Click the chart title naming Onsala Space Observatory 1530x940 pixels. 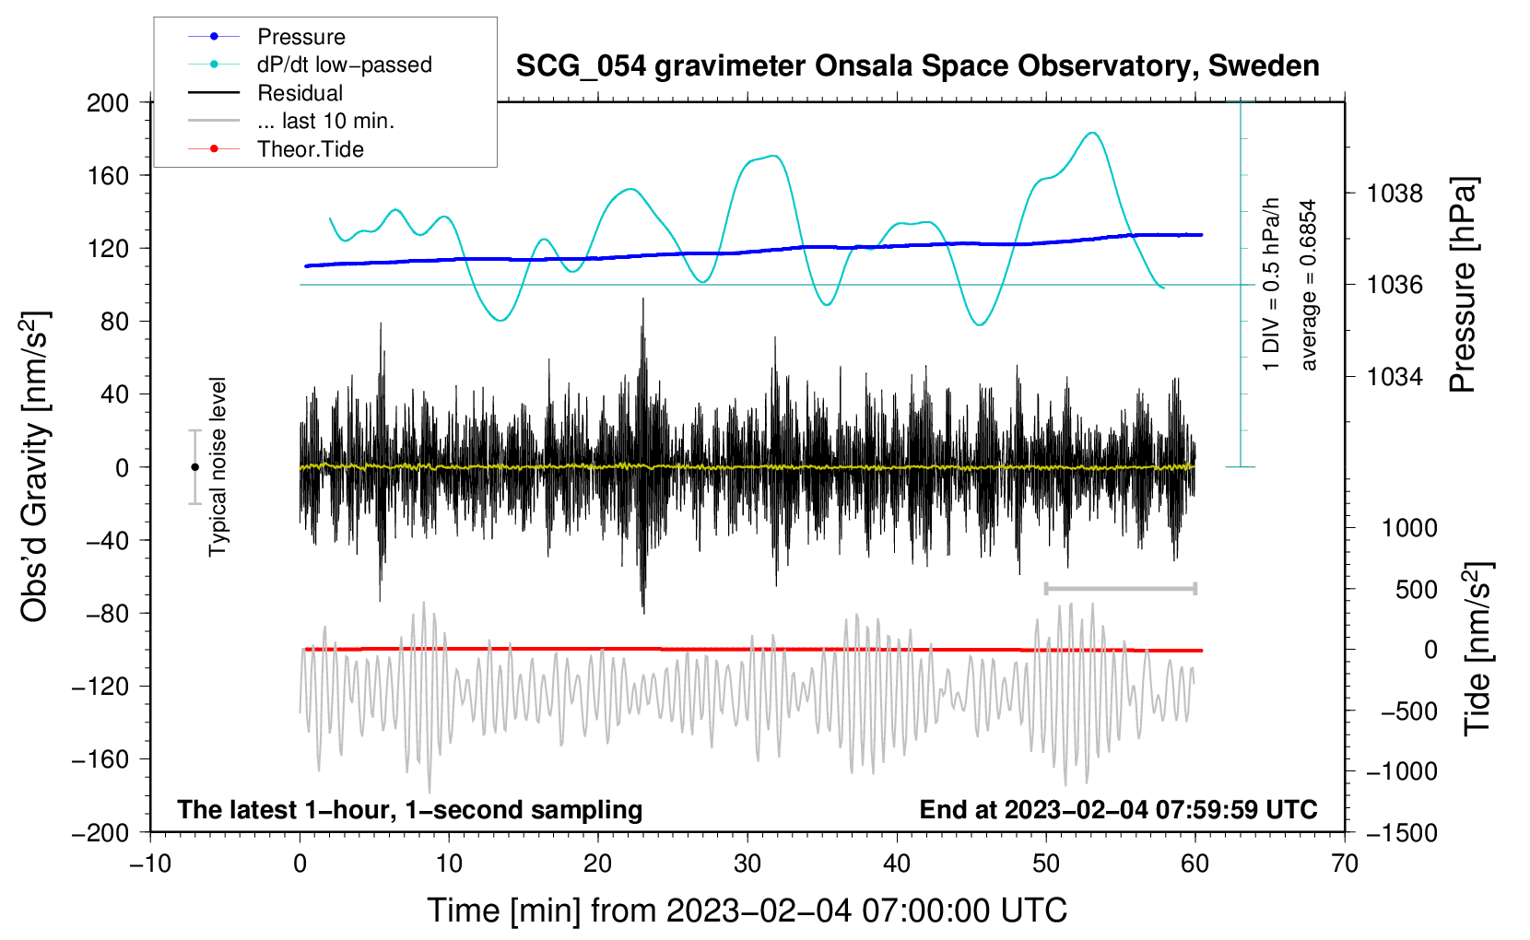click(x=917, y=66)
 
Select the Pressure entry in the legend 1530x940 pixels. click(x=300, y=37)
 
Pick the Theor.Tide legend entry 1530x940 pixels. click(x=310, y=149)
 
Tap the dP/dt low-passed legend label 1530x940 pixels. click(x=344, y=65)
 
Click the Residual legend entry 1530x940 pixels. click(x=300, y=93)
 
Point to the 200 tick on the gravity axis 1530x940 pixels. click(x=108, y=102)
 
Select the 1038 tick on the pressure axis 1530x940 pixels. click(x=1395, y=194)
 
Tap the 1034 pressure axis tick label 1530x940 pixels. click(x=1395, y=376)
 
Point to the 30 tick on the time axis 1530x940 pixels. click(x=747, y=864)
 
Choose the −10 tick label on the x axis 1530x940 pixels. click(x=150, y=864)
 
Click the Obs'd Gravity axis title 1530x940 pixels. click(x=34, y=466)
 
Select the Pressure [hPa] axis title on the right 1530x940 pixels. click(x=1463, y=286)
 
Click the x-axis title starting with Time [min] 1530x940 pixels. click(x=747, y=911)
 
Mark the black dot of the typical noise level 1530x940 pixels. click(x=194, y=467)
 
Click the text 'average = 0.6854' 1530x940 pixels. click(x=1309, y=286)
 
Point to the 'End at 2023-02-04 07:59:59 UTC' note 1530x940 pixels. click(x=1118, y=810)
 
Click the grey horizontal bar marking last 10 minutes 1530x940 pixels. click(x=1120, y=588)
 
